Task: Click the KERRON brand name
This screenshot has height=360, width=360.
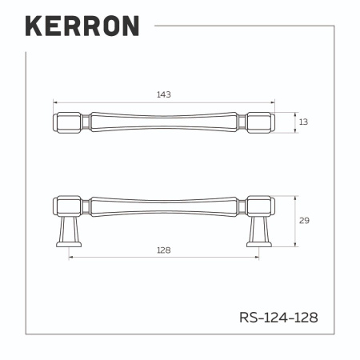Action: coord(82,26)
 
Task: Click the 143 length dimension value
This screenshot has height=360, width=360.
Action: coord(164,94)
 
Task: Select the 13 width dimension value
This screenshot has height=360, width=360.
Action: coord(303,122)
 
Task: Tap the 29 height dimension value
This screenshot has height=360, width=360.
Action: coord(304,221)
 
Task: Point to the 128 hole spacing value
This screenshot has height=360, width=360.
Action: coord(164,250)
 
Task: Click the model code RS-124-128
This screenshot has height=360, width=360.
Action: coord(278,318)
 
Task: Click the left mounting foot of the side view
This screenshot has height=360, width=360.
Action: coord(69,231)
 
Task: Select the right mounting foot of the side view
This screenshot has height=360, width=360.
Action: coord(259,231)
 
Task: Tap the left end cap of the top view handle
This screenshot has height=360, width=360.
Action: coord(68,122)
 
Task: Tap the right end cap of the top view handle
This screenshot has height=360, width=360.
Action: coord(260,122)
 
